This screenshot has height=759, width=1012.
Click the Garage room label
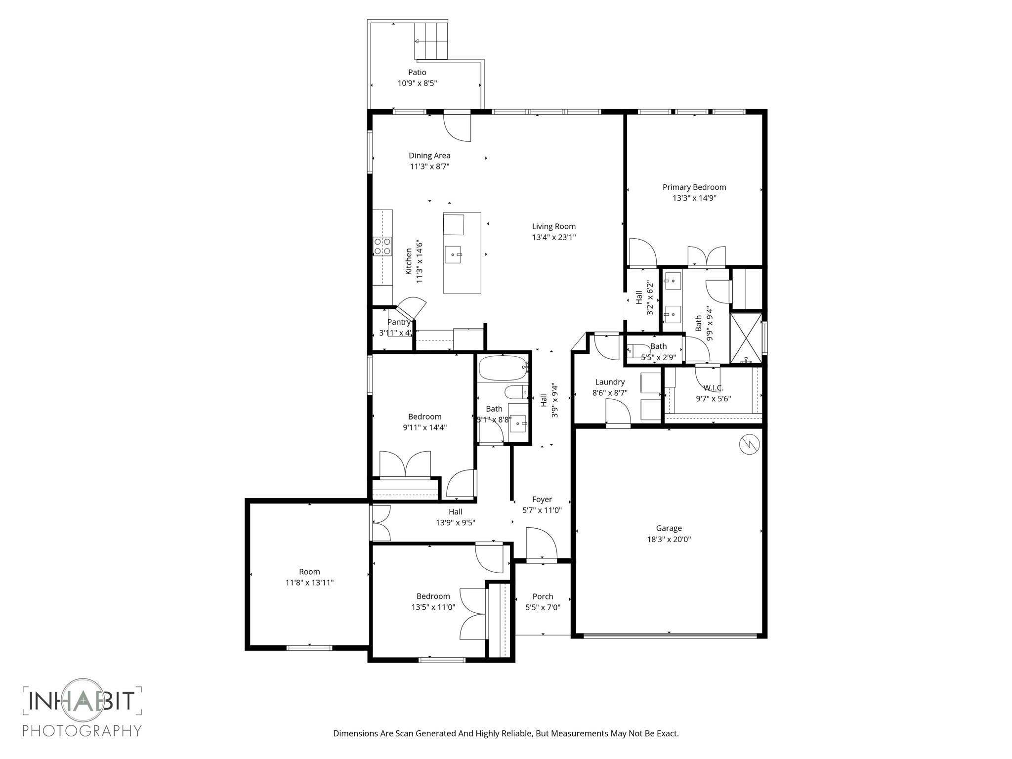pos(669,528)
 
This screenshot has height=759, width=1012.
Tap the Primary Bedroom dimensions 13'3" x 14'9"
pos(694,198)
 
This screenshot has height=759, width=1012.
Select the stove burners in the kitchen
pos(382,246)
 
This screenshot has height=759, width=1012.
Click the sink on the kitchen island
pos(453,254)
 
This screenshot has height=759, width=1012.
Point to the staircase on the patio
pos(431,41)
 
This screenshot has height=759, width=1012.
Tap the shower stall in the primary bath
pos(746,337)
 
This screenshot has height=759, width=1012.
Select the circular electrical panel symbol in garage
pos(749,444)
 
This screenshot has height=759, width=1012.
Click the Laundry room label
pos(610,382)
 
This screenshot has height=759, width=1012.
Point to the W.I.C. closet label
pos(714,388)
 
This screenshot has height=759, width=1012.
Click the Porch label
pos(543,596)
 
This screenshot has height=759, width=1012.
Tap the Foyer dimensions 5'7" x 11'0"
pos(542,510)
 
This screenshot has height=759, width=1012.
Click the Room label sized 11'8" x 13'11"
pos(309,572)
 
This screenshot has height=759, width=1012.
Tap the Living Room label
pos(553,226)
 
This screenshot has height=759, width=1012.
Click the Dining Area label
pos(429,156)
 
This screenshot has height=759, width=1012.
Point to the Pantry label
pos(399,322)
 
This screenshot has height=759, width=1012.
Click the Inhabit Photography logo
pos(83,709)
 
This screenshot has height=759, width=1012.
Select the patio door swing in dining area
pos(458,127)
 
